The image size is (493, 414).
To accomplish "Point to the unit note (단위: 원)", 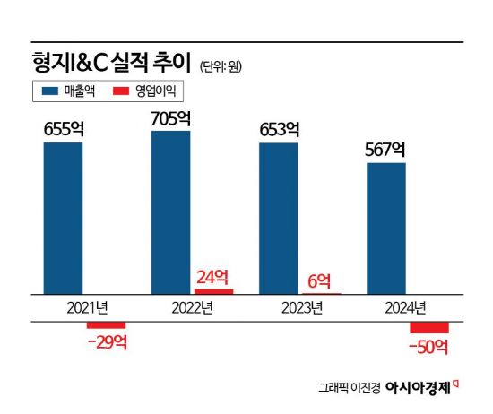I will (x=220, y=66).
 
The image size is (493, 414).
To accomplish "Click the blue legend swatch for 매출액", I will (x=49, y=91).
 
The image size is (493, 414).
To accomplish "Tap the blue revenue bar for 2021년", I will (x=63, y=218).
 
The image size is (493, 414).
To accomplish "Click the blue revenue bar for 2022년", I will (x=170, y=212).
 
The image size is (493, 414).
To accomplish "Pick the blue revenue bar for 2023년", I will (x=279, y=218).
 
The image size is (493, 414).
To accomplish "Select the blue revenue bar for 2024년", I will (x=386, y=229).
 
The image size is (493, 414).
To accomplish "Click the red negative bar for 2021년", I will (x=106, y=324).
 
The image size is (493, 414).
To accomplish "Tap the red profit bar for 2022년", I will (x=213, y=291).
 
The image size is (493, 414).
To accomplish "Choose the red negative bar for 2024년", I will (x=428, y=327).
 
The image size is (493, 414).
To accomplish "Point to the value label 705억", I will (x=170, y=118).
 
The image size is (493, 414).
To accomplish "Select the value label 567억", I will (x=386, y=150).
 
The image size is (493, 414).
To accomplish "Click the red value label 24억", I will (x=213, y=276).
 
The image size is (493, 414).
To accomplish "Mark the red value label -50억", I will (x=428, y=347).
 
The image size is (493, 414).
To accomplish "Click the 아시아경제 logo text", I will (x=421, y=387).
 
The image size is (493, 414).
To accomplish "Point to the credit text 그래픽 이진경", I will (x=350, y=388).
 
